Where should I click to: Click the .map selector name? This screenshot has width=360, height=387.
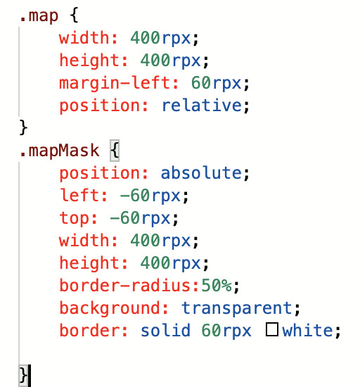tap(39, 16)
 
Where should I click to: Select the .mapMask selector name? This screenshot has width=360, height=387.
tap(60, 151)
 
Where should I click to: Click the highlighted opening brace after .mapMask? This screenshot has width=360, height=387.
tap(115, 151)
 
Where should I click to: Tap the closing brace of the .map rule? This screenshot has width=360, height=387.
tap(23, 127)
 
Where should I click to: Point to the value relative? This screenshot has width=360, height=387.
tap(202, 106)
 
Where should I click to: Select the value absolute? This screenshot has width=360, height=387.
tap(201, 173)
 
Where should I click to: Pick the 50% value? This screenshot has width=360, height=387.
tap(217, 285)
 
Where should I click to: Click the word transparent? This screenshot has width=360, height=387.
tap(237, 308)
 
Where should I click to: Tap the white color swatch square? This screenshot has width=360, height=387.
tap(272, 329)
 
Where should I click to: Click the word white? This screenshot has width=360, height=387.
tap(307, 330)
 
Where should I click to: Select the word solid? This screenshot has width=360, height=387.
tap(165, 330)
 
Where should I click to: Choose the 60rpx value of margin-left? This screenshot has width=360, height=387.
tap(217, 83)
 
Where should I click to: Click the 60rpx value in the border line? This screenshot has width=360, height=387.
tap(226, 331)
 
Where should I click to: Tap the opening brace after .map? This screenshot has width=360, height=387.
tap(74, 15)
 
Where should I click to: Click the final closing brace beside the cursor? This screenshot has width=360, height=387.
tap(23, 375)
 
